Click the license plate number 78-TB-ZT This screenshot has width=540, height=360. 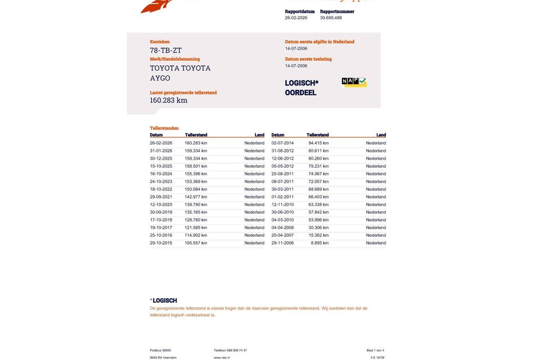point(166,51)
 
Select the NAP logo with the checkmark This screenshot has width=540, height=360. point(354,82)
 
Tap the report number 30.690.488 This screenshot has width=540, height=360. point(331,18)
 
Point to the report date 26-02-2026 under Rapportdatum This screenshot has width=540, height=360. point(296,18)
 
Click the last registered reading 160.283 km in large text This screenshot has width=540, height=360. point(169,101)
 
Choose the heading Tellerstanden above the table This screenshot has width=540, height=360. point(164,128)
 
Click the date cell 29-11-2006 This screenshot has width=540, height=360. point(282,243)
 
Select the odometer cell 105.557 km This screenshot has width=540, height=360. point(196,243)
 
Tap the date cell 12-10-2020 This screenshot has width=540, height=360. point(161,205)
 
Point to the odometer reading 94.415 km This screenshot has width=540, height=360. point(318,143)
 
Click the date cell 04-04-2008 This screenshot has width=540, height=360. point(282,228)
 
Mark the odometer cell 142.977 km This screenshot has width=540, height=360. point(196,197)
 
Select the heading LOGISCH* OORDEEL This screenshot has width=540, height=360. point(301,88)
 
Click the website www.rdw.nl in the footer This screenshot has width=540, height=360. point(222,358)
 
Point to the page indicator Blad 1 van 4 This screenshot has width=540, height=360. point(375,350)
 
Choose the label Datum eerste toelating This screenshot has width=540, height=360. point(308,59)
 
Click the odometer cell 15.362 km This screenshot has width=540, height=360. point(318,235)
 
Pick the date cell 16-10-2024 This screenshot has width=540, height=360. point(161,174)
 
